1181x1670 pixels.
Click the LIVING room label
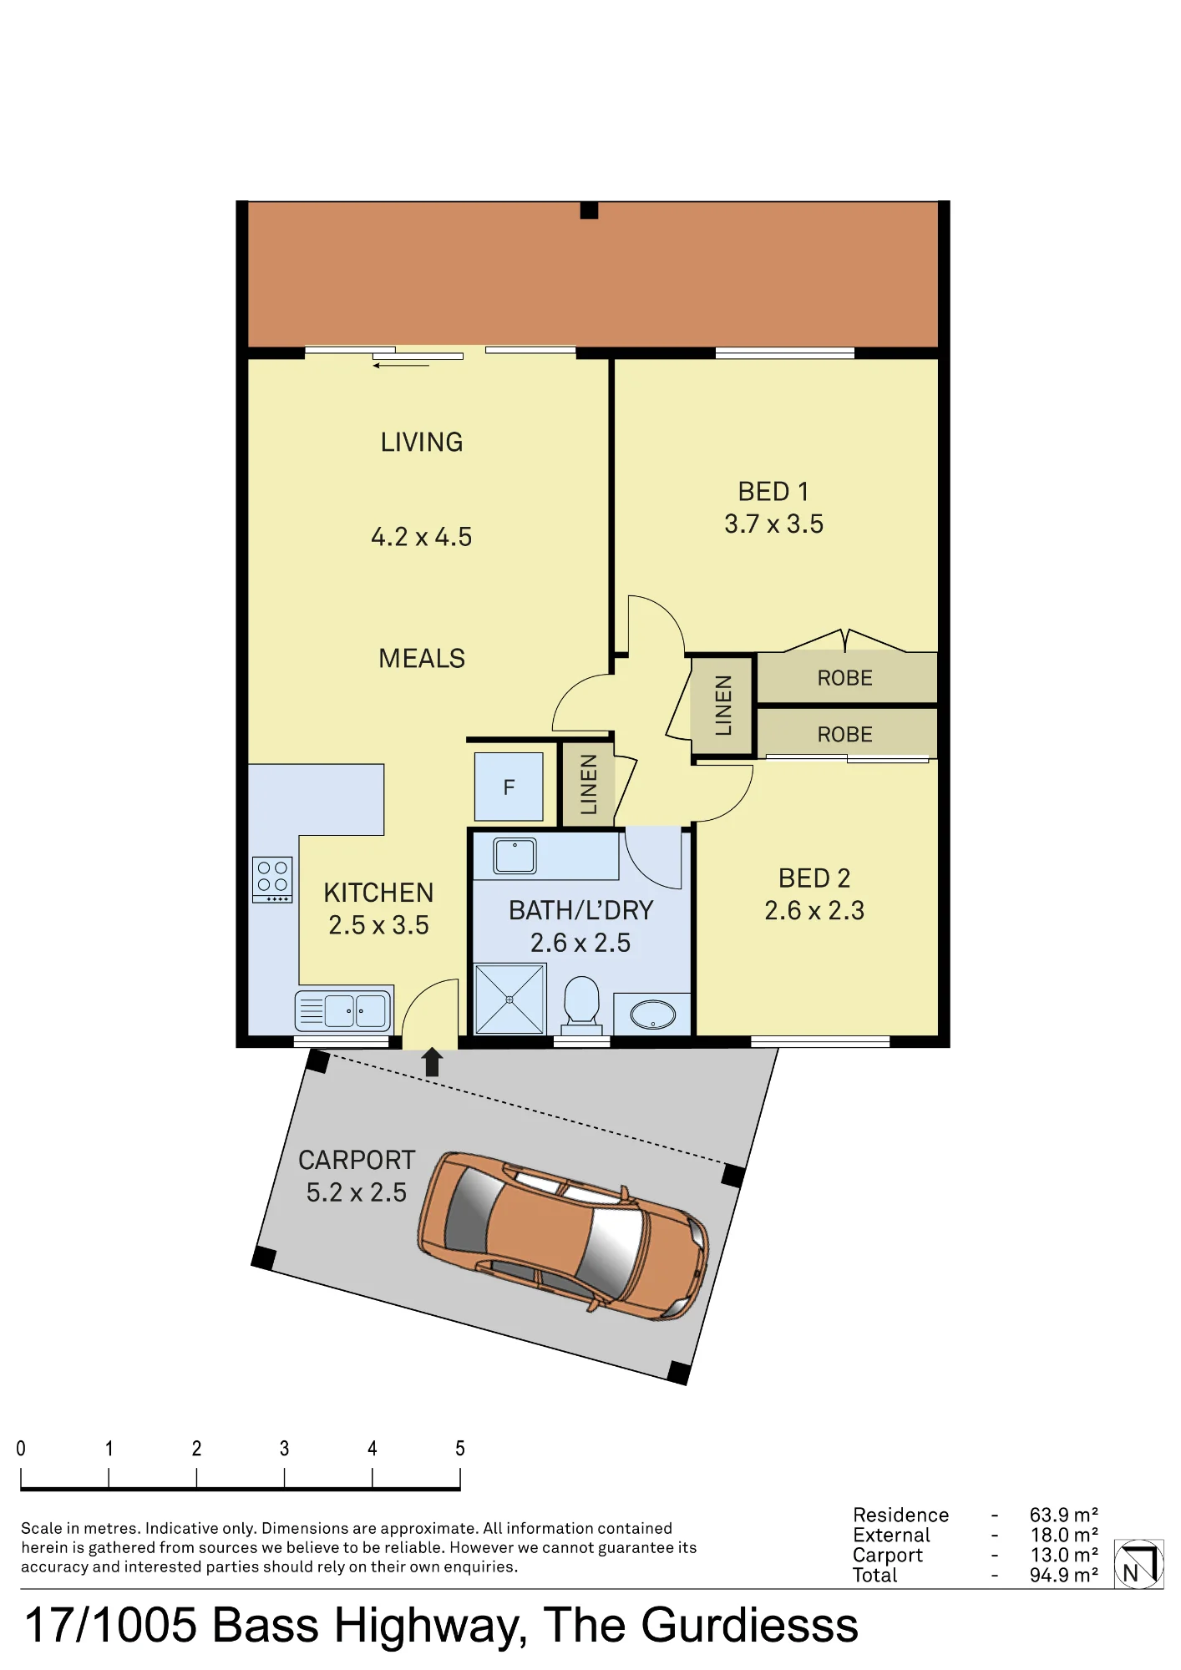[x=422, y=443]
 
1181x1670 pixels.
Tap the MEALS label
[x=422, y=659]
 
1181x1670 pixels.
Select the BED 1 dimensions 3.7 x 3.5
[x=773, y=524]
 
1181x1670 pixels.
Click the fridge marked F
[x=509, y=787]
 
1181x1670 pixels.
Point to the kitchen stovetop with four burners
[x=272, y=879]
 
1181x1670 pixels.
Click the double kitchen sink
[x=343, y=1011]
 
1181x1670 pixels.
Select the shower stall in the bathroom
[x=509, y=999]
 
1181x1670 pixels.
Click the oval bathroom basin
[x=653, y=1015]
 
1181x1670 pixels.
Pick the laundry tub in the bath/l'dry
[x=514, y=856]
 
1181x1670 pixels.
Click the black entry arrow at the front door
[x=432, y=1062]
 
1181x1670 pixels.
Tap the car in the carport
[x=564, y=1236]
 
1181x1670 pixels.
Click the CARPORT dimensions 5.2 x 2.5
[x=357, y=1193]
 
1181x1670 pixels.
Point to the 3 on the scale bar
[x=284, y=1449]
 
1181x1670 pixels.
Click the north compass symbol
[x=1138, y=1564]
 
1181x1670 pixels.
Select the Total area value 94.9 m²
[x=1063, y=1575]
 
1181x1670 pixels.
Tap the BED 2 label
[x=814, y=878]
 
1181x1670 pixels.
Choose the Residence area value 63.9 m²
[x=1063, y=1515]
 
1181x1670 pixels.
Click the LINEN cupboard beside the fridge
[x=588, y=784]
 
